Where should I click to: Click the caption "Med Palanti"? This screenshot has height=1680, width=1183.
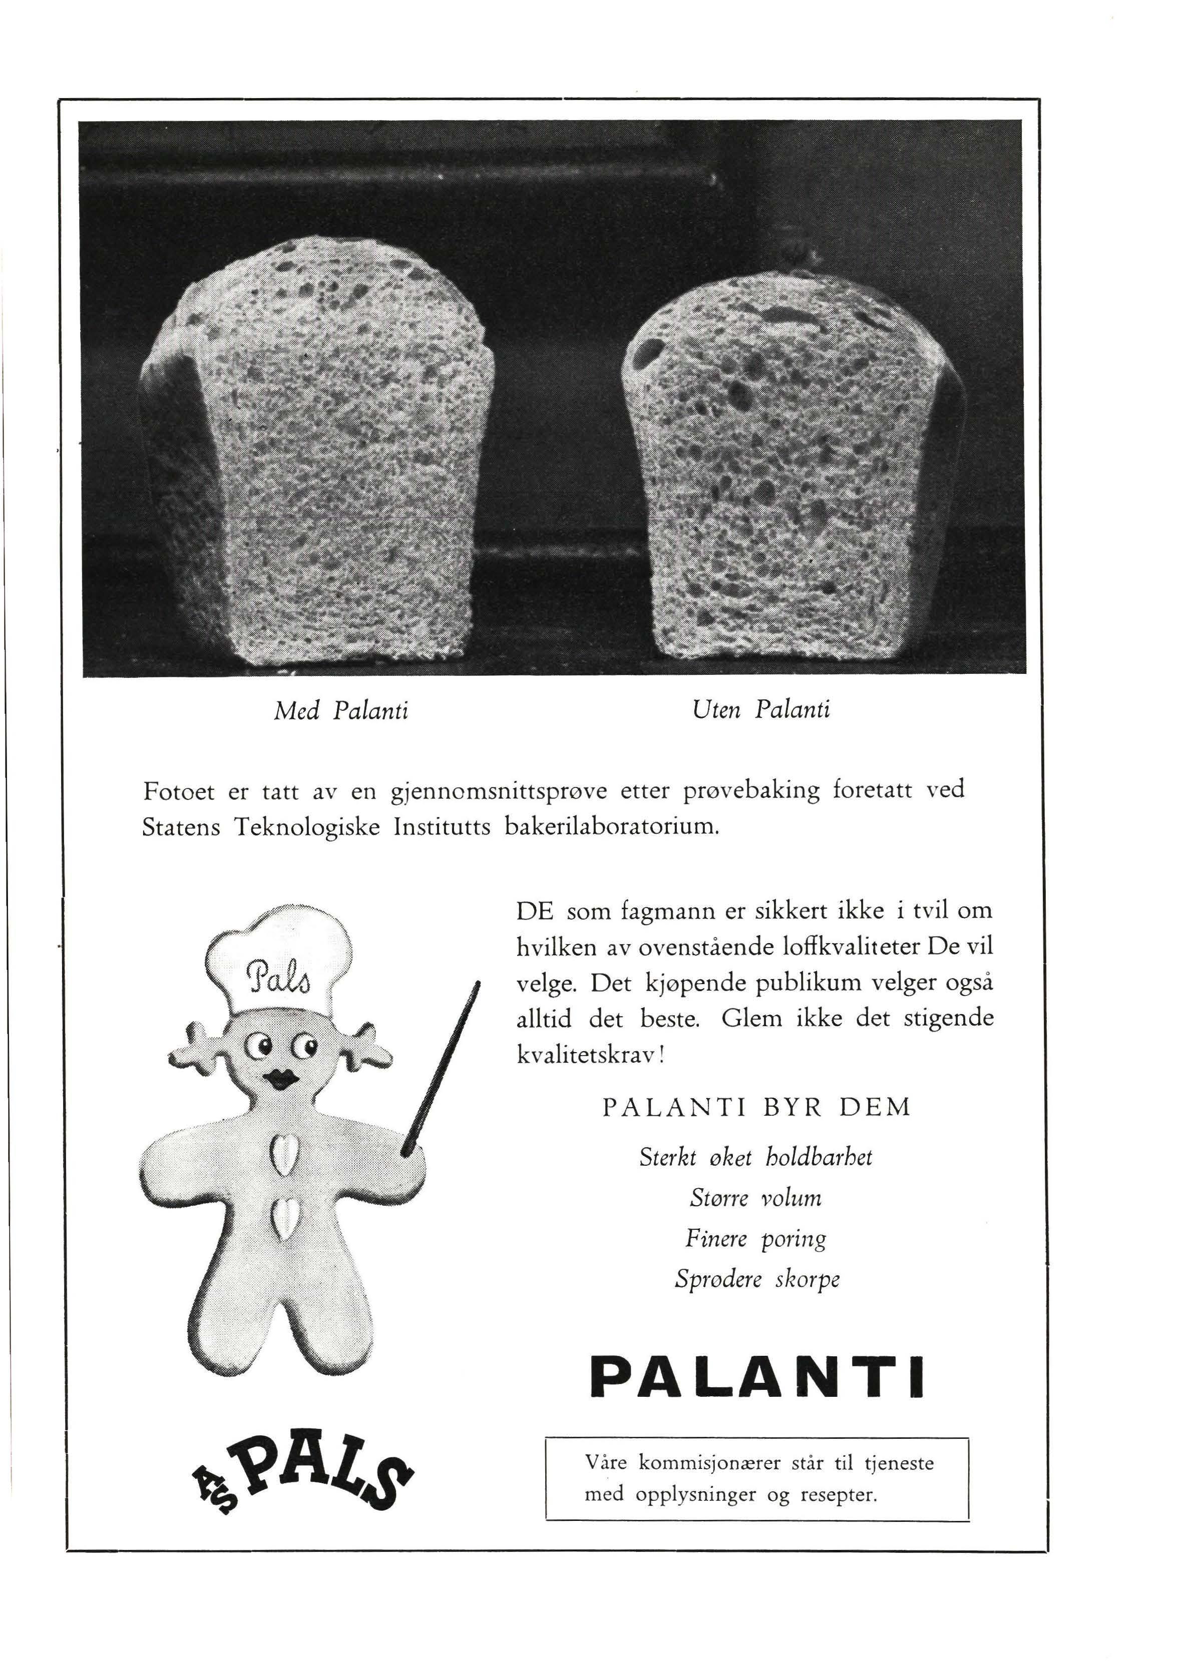click(x=341, y=710)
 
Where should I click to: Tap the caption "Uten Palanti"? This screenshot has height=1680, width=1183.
click(x=760, y=709)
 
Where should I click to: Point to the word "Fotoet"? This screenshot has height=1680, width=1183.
click(x=179, y=791)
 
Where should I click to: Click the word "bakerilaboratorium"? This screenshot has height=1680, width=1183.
click(x=606, y=827)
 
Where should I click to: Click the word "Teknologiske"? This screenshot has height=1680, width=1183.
click(x=307, y=827)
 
